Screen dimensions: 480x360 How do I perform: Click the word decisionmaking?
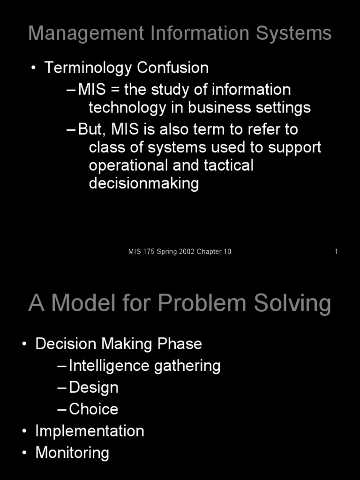(x=144, y=183)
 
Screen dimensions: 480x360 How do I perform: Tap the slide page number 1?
(x=336, y=252)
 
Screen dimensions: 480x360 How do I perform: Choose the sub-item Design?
(x=94, y=388)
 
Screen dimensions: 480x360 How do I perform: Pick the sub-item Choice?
(x=94, y=409)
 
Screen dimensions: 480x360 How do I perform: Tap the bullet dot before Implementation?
(x=24, y=431)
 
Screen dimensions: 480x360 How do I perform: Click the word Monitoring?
(x=72, y=453)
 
